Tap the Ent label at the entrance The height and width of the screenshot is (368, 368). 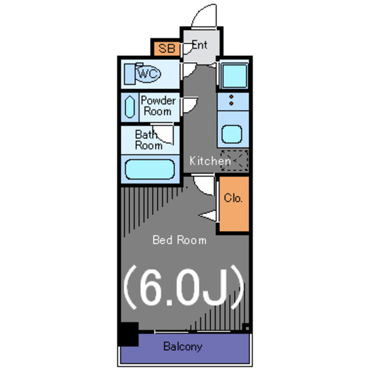pyautogui.click(x=200, y=45)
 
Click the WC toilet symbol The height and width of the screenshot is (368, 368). pyautogui.click(x=148, y=74)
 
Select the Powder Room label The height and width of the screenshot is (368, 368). pyautogui.click(x=158, y=106)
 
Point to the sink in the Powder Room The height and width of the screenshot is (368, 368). pyautogui.click(x=129, y=107)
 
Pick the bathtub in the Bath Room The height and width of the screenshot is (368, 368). pyautogui.click(x=149, y=170)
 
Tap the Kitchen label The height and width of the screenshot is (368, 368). pyautogui.click(x=210, y=162)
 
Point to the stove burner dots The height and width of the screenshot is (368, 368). pyautogui.click(x=232, y=100)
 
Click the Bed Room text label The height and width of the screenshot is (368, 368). pyautogui.click(x=179, y=240)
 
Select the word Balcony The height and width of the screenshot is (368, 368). pyautogui.click(x=182, y=347)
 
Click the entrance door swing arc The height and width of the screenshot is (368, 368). pyautogui.click(x=204, y=16)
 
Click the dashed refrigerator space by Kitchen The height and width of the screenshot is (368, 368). pyautogui.click(x=234, y=160)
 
